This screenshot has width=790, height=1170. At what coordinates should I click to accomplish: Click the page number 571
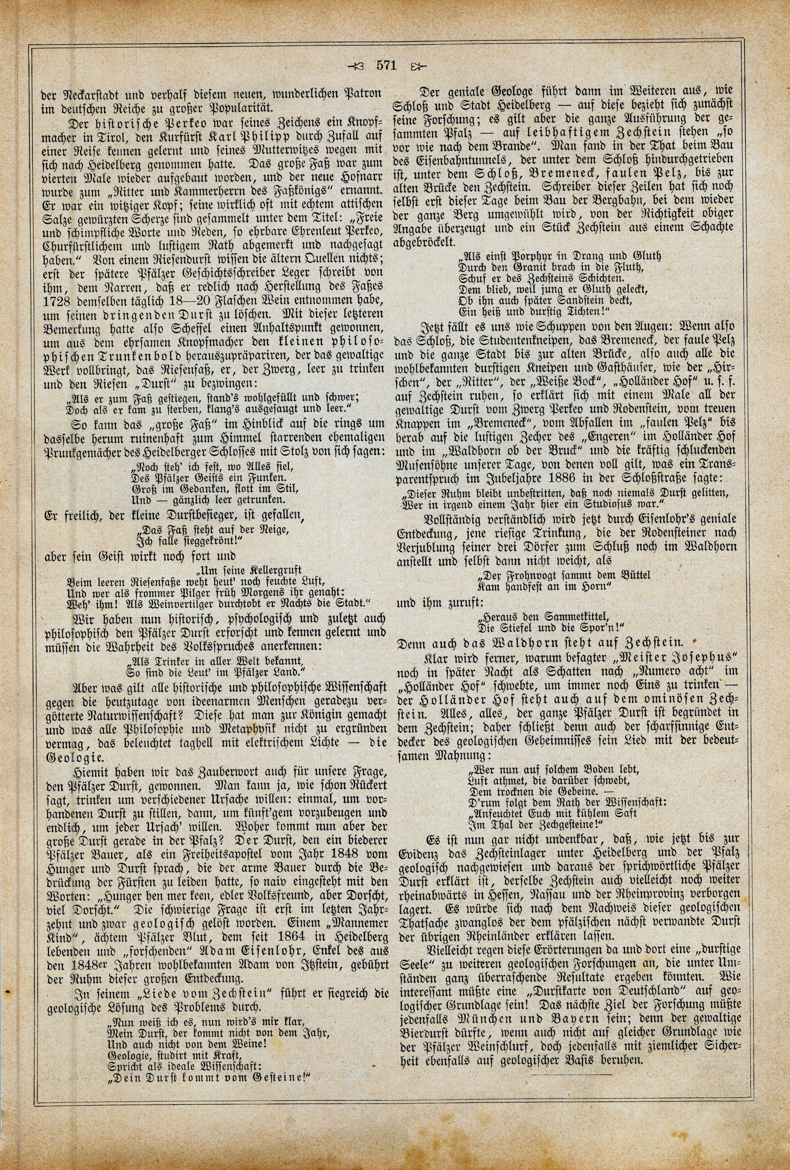(387, 65)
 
